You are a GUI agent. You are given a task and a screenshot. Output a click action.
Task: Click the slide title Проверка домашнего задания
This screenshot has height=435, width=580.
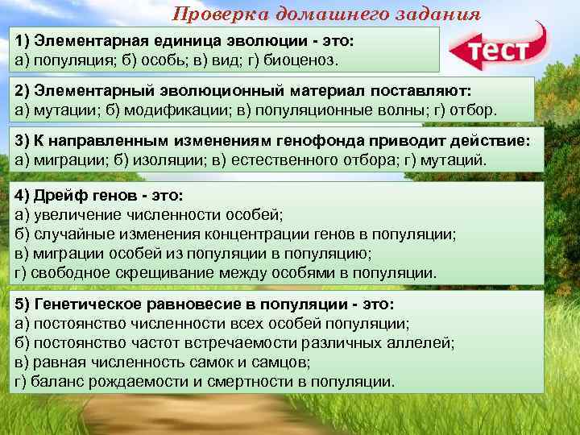(x=327, y=14)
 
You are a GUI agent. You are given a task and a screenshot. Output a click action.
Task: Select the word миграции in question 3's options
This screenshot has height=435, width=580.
(x=61, y=159)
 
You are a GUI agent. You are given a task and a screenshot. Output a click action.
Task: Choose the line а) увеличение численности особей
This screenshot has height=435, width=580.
(x=149, y=213)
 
